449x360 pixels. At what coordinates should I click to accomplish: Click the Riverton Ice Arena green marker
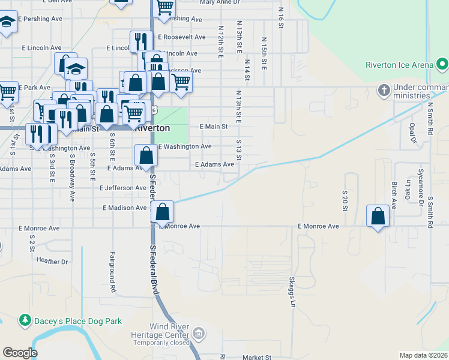tap(443, 64)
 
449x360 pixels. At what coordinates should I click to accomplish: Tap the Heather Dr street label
tap(52, 261)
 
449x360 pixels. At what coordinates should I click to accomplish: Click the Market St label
tap(257, 357)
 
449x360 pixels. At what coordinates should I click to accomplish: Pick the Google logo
tap(20, 352)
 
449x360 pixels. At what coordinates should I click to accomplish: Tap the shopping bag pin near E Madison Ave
tap(163, 211)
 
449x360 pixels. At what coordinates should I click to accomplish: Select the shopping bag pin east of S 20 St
tap(378, 215)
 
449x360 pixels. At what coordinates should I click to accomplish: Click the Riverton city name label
tap(152, 128)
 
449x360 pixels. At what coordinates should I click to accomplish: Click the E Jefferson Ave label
tap(123, 188)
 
